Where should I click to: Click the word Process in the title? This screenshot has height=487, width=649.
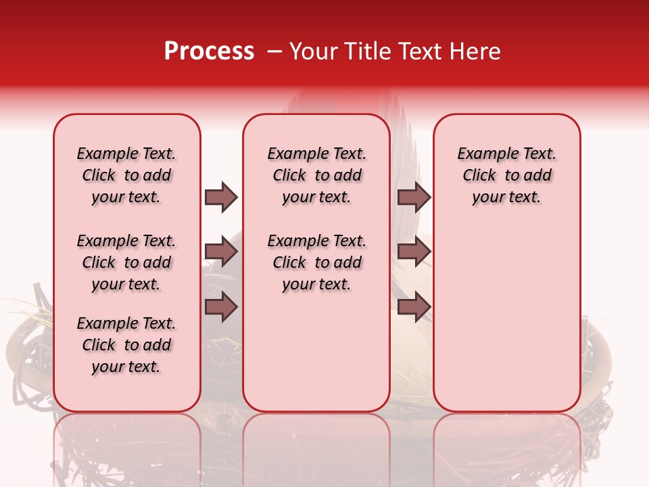(209, 51)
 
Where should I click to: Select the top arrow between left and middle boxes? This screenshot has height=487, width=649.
(221, 197)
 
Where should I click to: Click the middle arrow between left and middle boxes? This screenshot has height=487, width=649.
(221, 252)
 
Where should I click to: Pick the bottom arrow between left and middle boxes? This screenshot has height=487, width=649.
(221, 307)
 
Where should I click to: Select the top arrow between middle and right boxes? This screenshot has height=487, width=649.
(414, 197)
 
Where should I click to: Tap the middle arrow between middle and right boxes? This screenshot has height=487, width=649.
(414, 252)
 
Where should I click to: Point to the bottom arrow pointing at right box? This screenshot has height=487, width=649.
(414, 307)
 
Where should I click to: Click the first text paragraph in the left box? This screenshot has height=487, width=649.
(126, 175)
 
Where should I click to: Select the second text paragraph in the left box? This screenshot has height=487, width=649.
(126, 262)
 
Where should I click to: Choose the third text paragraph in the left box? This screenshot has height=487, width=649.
(126, 345)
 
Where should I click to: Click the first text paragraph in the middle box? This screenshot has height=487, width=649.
(316, 175)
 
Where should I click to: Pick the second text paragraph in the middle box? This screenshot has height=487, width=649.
(316, 262)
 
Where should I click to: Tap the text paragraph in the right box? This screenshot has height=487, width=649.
(506, 175)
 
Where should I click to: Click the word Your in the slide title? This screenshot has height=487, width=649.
(313, 51)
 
